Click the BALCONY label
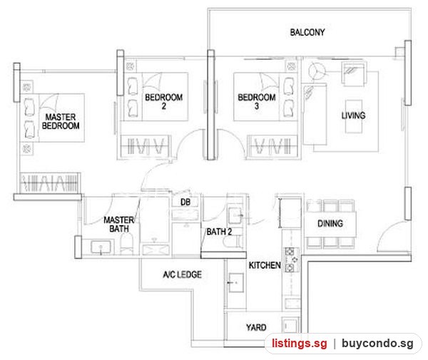[x=307, y=33]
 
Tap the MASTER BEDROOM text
[x=61, y=121]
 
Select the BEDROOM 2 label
[x=164, y=101]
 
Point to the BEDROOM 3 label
[x=257, y=101]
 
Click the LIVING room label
[x=354, y=115]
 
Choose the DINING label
[x=330, y=224]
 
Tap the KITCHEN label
[x=265, y=265]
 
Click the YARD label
[x=256, y=327]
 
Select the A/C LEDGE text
[x=183, y=274]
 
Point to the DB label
[x=185, y=202]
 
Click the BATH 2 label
[x=219, y=232]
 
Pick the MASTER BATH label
[x=118, y=224]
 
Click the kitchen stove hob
[x=292, y=260]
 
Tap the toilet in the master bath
[x=126, y=244]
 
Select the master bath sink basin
[x=101, y=247]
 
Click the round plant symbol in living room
[x=317, y=71]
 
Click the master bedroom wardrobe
[x=50, y=182]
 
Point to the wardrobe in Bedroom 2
[x=144, y=145]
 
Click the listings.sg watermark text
[x=299, y=343]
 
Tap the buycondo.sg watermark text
[x=377, y=343]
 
